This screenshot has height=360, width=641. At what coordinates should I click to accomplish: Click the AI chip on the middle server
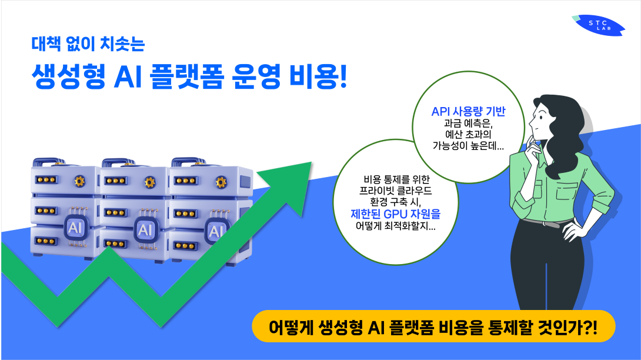(x=145, y=228)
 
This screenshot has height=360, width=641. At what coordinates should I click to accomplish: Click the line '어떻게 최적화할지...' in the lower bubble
(x=395, y=226)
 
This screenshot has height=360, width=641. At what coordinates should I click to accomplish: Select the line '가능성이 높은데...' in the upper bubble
(x=468, y=146)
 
